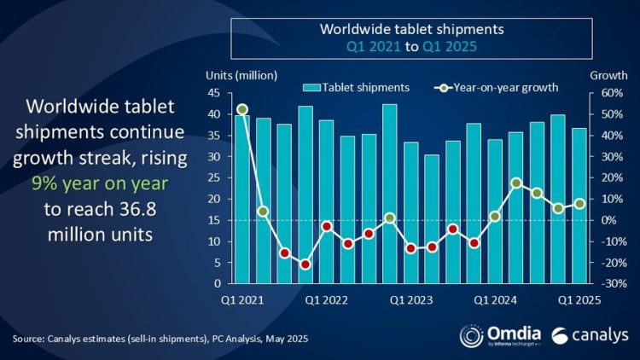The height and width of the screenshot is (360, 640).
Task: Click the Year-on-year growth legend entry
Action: pyautogui.click(x=494, y=87)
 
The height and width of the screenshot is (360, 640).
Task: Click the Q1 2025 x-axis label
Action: pyautogui.click(x=578, y=299)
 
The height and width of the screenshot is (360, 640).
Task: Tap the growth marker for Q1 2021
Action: pyautogui.click(x=242, y=109)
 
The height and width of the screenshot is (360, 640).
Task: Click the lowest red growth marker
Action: pyautogui.click(x=305, y=264)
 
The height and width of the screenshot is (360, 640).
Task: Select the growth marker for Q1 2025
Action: pyautogui.click(x=579, y=204)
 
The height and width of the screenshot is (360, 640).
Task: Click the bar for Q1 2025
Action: pyautogui.click(x=579, y=206)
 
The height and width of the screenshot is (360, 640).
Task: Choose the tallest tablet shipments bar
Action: pyautogui.click(x=388, y=194)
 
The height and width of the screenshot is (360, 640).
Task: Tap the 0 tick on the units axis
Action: pyautogui.click(x=217, y=283)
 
